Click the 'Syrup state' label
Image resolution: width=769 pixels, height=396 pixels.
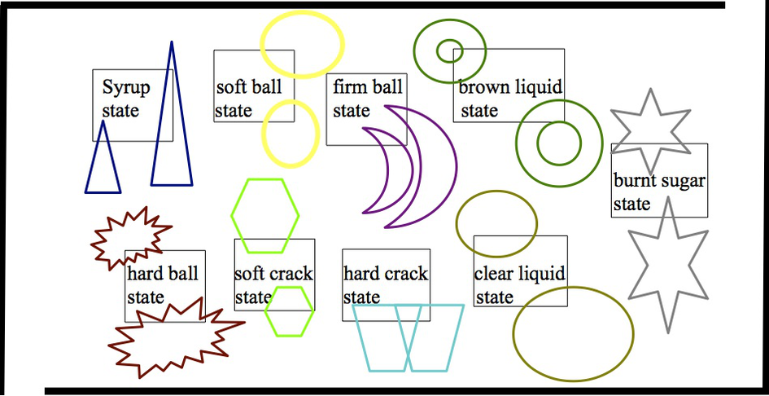point(122,99)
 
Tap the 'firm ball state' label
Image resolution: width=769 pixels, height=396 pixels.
point(367,98)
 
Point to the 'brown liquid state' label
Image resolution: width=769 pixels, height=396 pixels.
point(509,98)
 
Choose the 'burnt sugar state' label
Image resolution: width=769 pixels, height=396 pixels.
point(659,192)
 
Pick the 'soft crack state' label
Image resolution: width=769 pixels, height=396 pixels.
point(273,285)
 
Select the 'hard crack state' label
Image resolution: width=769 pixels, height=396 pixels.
point(385,285)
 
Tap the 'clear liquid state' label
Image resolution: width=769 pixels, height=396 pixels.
point(519,285)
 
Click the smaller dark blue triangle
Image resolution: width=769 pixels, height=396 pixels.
point(103,163)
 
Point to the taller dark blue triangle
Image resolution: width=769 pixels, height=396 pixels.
point(172,122)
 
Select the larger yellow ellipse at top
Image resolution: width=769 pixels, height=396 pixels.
point(302,44)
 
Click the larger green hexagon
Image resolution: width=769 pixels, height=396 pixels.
point(264,213)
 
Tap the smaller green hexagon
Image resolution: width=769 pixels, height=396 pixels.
point(289,311)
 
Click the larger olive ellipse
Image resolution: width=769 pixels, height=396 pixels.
point(573,334)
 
